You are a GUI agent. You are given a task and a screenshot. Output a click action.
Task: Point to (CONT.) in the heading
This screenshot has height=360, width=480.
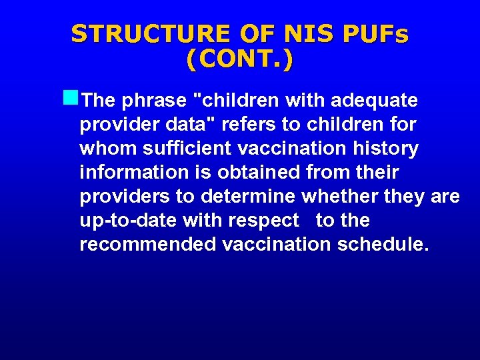coord(239,59)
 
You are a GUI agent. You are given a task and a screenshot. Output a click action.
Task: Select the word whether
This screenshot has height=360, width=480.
coord(340,197)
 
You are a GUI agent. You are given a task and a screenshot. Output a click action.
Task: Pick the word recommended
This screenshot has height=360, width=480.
coord(147,245)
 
